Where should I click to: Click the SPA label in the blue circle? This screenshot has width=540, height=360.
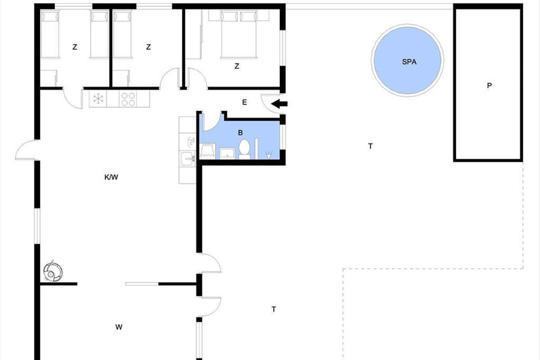409,62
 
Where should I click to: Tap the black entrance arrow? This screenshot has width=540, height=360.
279,104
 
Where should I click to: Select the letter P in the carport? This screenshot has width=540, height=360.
489,85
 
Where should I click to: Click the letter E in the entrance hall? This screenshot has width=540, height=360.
244,103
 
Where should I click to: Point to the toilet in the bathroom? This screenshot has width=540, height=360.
244,149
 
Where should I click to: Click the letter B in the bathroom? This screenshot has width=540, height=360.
240,133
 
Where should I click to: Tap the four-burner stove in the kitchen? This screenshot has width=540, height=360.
128,99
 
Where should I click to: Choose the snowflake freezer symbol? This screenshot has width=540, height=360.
98,99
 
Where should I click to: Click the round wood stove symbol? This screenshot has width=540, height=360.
53,272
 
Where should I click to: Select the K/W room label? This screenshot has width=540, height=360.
111,177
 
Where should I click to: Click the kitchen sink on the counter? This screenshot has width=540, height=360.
188,159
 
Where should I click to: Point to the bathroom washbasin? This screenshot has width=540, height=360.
227,153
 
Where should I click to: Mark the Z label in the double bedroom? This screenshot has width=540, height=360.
237,66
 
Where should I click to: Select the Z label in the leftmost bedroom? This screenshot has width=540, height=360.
75,47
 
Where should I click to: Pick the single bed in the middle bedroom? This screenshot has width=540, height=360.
122,34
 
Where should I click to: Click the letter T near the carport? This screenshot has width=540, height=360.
370,146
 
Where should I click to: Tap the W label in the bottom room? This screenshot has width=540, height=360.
119,327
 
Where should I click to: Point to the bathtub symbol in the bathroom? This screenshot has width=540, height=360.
208,151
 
